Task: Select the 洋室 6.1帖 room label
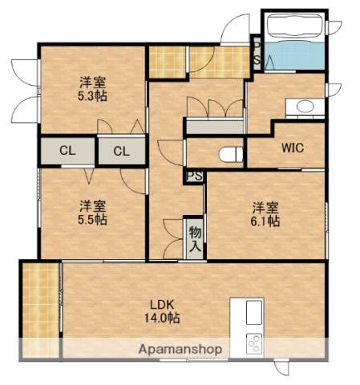[x=262, y=213]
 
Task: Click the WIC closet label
[x=292, y=148]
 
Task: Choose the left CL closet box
[x=67, y=150]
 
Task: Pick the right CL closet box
[x=121, y=150]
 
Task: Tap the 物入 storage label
[x=195, y=237]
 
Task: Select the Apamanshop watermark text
[x=180, y=350]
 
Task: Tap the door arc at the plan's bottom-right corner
[x=283, y=367]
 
